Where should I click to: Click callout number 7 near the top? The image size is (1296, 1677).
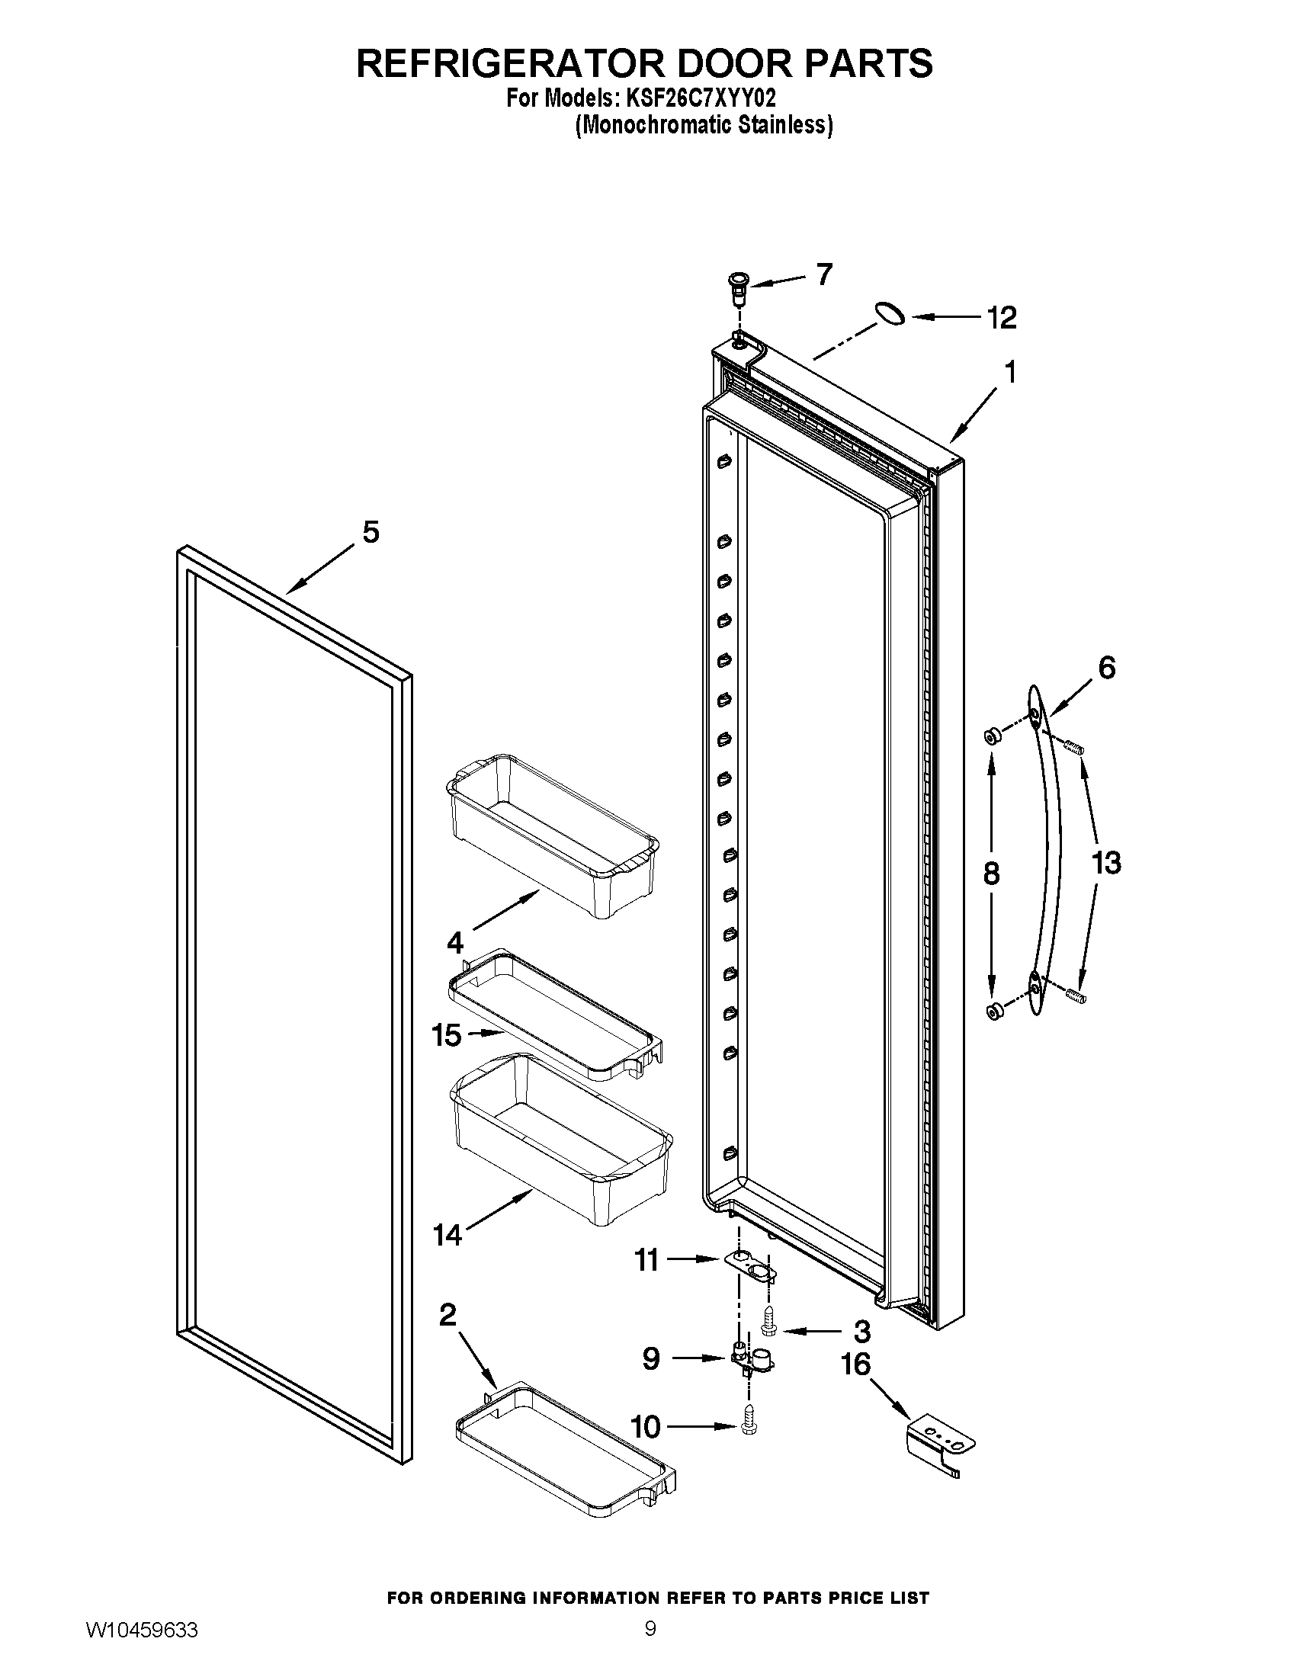click(x=824, y=274)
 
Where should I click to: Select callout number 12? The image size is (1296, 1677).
click(x=1001, y=317)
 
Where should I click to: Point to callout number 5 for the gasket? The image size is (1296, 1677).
click(x=371, y=532)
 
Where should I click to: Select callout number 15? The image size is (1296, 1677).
click(x=446, y=1035)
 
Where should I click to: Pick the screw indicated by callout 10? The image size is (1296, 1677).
click(x=746, y=1428)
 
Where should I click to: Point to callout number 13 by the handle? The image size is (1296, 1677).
click(x=1106, y=863)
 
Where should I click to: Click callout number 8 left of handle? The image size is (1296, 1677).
click(x=991, y=873)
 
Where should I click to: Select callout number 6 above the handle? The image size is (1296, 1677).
click(x=1106, y=667)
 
